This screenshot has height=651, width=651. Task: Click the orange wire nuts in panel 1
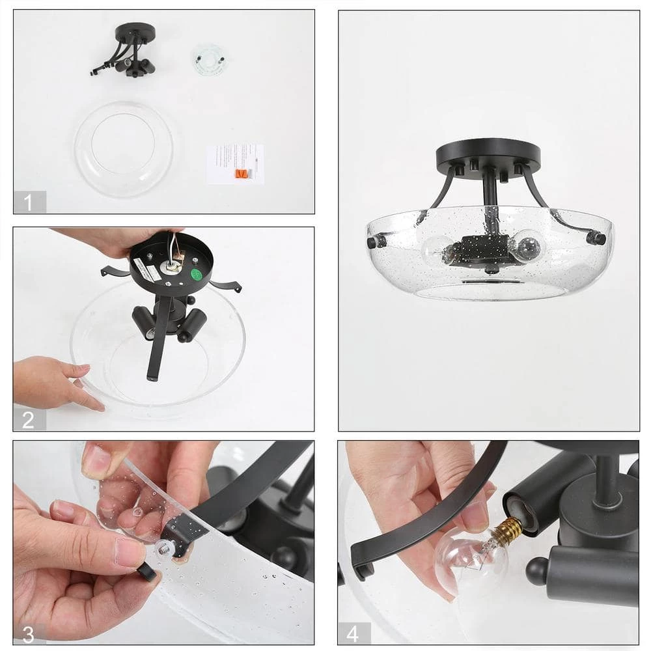242,174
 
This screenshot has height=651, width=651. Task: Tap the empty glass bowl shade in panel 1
124,148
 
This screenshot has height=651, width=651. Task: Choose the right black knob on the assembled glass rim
595,238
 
